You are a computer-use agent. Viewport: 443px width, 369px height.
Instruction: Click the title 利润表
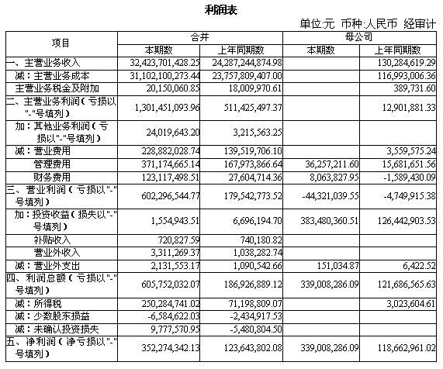click(x=221, y=9)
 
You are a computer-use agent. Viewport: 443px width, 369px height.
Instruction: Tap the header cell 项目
click(x=60, y=42)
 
